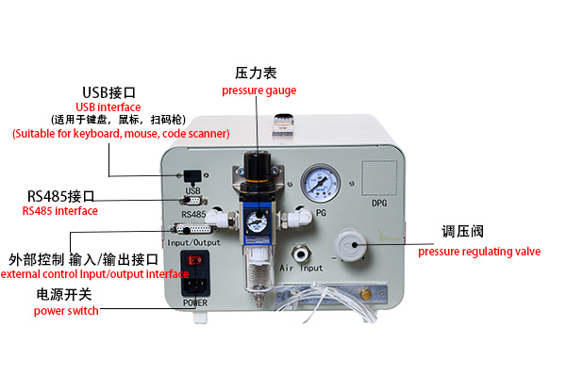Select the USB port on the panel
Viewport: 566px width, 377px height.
(192, 175)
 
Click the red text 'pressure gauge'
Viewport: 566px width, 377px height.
(259, 90)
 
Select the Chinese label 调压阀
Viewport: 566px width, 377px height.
(463, 232)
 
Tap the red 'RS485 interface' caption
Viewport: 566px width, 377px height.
(59, 211)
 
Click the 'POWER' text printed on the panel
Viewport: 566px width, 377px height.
(195, 303)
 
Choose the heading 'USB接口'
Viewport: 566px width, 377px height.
(109, 92)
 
